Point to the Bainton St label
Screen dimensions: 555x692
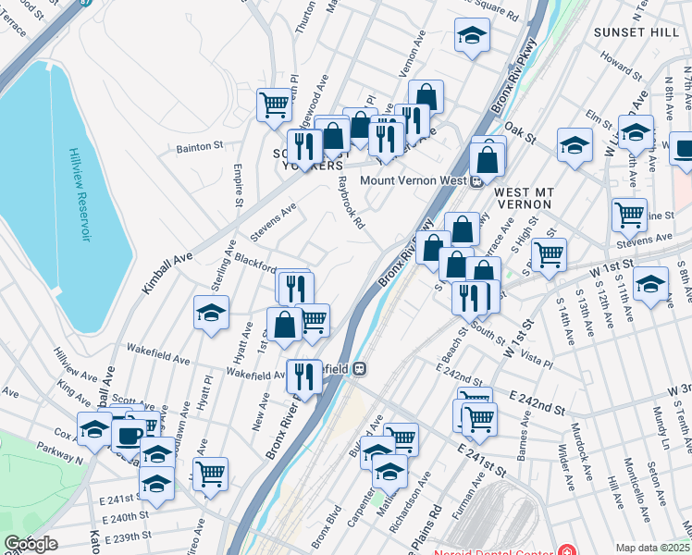(200, 145)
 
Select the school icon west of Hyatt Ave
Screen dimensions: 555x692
(211, 313)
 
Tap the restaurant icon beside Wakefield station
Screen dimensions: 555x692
(303, 375)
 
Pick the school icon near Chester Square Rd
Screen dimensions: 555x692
(472, 36)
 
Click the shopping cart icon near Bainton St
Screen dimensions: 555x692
(274, 105)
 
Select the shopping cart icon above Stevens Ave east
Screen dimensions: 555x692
(629, 214)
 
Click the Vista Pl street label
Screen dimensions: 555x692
(536, 354)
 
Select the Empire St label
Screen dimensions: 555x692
(238, 186)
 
